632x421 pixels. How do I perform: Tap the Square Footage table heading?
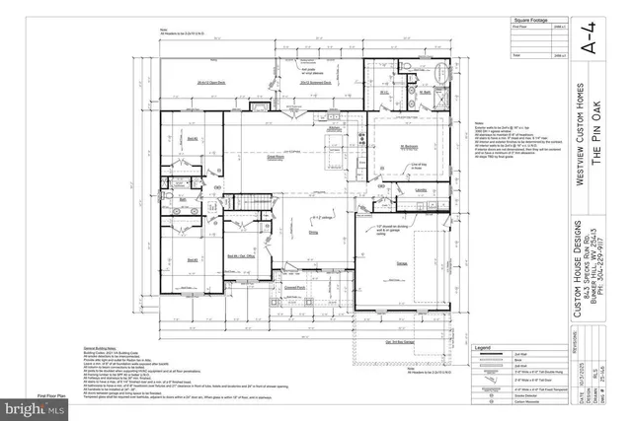527,19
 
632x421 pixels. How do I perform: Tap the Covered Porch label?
293,286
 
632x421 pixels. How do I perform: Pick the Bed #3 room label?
194,259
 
